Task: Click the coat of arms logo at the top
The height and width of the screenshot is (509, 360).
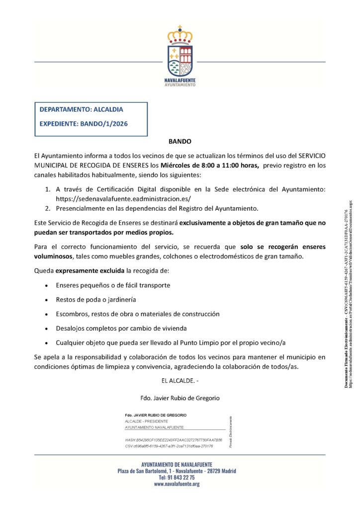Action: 180,51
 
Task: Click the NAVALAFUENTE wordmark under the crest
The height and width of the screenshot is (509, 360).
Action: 180,80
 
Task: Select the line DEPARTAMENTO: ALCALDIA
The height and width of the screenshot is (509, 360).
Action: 81,109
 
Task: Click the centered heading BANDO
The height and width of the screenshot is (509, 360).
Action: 180,142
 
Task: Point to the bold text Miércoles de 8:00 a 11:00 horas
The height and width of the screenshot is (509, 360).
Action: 209,166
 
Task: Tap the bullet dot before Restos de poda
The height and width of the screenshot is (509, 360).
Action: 46,300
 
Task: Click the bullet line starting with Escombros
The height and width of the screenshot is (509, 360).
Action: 138,314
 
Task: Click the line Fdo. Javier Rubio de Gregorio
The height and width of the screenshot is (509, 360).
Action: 180,398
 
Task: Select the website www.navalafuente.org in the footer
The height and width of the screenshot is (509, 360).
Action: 177,484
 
